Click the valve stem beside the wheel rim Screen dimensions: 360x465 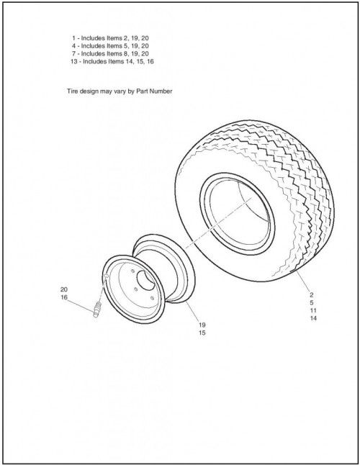(97, 310)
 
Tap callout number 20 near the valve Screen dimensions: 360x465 (64, 289)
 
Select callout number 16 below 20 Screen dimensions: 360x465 (64, 297)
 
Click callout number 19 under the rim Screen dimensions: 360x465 (202, 325)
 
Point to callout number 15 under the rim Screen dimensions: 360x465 (202, 333)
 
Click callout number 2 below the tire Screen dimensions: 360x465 (311, 295)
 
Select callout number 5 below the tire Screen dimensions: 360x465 (311, 303)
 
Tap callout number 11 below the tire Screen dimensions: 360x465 (313, 310)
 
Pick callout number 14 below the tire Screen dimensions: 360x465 (313, 318)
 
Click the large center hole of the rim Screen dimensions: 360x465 (145, 280)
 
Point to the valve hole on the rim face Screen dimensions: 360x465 (106, 276)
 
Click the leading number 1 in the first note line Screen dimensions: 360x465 (73, 38)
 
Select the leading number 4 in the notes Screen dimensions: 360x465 (73, 45)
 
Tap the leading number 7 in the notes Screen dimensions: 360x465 (73, 53)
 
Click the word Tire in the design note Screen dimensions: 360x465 (73, 91)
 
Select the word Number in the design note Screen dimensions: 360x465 (161, 91)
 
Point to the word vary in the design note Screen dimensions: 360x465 (118, 91)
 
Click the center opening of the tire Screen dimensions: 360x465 (240, 213)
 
